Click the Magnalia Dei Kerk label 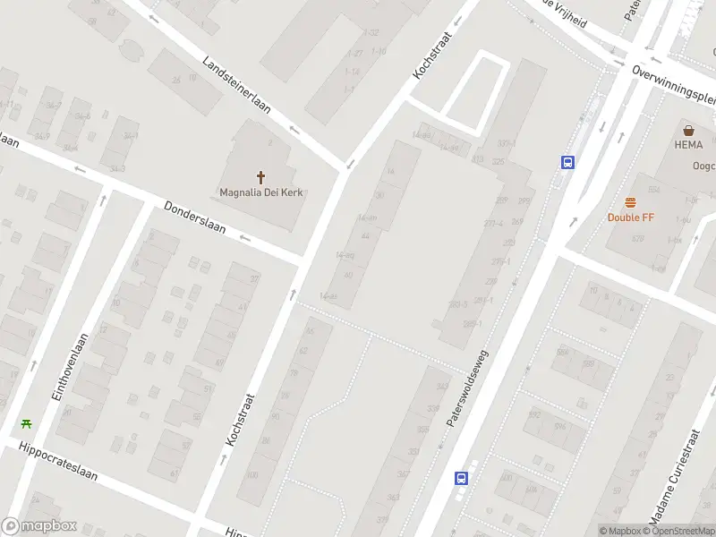click(x=261, y=192)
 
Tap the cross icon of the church click(x=261, y=177)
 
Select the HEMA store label click(x=688, y=145)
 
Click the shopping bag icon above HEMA click(x=688, y=130)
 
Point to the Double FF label click(x=631, y=217)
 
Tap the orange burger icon click(x=631, y=202)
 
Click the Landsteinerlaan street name click(x=236, y=86)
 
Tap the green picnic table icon click(x=27, y=423)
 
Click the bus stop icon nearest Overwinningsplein click(x=567, y=162)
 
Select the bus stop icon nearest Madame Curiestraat click(x=461, y=478)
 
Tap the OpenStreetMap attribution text click(x=678, y=532)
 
